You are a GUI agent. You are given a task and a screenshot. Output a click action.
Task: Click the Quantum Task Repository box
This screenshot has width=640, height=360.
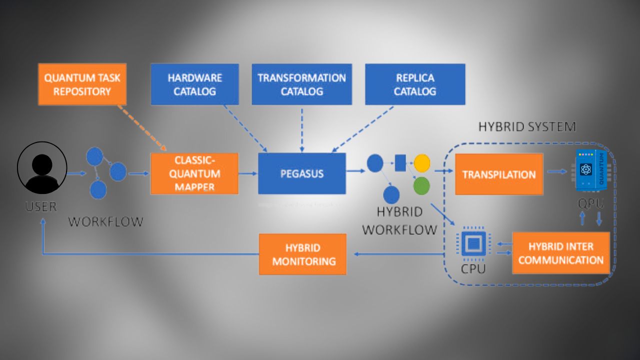82,84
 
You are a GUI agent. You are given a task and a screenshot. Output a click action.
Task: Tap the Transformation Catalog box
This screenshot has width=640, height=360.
301,84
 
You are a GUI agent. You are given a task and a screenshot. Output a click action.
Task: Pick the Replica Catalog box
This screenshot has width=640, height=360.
415,84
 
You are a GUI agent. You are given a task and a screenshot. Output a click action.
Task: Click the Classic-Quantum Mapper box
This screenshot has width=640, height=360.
194,173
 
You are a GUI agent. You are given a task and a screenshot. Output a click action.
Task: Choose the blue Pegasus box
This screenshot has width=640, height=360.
301,173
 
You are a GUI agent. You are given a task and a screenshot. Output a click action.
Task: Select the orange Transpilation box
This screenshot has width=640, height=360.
498,174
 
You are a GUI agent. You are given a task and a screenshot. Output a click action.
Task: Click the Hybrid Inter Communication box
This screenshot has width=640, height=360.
560,253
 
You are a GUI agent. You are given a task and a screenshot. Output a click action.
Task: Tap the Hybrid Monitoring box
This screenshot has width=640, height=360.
302,254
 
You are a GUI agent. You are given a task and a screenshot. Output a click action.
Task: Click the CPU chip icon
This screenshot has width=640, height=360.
472,244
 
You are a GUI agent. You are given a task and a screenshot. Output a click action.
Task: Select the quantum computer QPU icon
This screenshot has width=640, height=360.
590,170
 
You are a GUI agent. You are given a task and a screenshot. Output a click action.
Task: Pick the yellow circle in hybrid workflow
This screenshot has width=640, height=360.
422,163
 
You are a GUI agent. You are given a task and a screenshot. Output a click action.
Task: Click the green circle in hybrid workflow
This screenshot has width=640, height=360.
421,185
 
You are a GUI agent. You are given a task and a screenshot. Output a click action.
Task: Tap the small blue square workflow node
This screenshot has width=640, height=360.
400,163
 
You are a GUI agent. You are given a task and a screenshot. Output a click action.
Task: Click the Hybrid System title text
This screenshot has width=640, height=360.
527,127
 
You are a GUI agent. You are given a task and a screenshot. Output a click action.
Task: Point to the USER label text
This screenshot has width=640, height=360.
41,206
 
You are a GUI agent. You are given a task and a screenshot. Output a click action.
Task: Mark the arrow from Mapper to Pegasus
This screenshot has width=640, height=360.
247,173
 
